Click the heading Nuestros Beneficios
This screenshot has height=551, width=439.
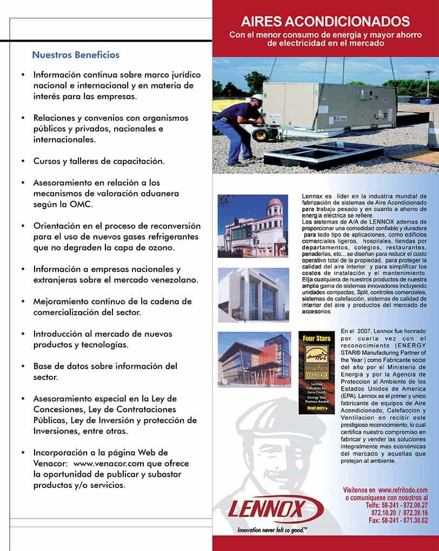tap(76, 55)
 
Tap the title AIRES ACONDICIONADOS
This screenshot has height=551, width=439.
tap(325, 22)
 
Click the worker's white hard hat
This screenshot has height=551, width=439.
tap(257, 98)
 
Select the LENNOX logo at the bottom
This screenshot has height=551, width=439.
tap(275, 509)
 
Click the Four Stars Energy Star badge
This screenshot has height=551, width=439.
tap(313, 372)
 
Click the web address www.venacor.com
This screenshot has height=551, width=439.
tap(103, 463)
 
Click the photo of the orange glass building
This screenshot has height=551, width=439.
tap(253, 359)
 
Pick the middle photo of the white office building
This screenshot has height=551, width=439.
tap(253, 294)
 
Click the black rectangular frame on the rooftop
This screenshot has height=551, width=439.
tap(313, 155)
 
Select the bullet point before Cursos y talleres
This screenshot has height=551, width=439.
tap(22, 161)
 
